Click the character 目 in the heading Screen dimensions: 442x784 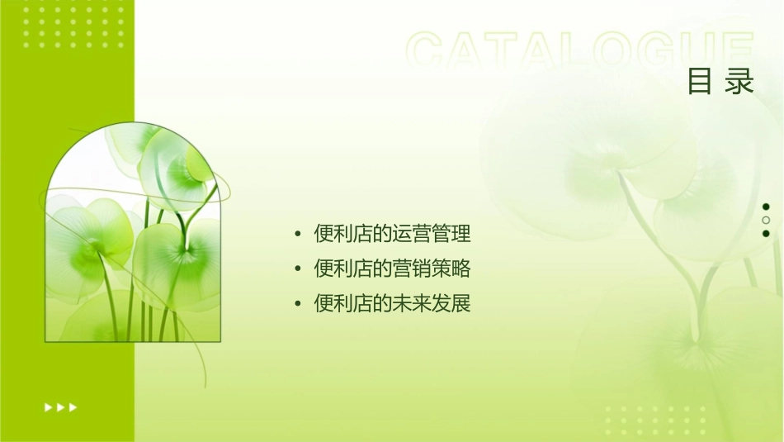click(x=700, y=82)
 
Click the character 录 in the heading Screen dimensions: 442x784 click(x=740, y=82)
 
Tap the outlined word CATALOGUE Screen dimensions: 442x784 click(x=579, y=51)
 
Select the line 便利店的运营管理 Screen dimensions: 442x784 click(x=392, y=234)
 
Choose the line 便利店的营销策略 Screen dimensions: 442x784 click(x=392, y=269)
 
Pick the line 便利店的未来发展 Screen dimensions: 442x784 click(x=392, y=303)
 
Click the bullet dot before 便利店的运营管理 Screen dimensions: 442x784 click(x=298, y=235)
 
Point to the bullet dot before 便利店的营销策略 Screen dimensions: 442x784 click(x=298, y=269)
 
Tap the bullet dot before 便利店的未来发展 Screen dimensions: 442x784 click(x=298, y=304)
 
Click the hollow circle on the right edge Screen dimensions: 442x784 click(x=766, y=220)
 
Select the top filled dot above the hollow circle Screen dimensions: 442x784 click(x=766, y=207)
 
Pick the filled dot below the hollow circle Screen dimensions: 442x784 click(x=766, y=233)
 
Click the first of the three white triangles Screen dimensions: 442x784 click(x=48, y=406)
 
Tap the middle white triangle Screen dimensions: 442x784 click(x=60, y=406)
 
